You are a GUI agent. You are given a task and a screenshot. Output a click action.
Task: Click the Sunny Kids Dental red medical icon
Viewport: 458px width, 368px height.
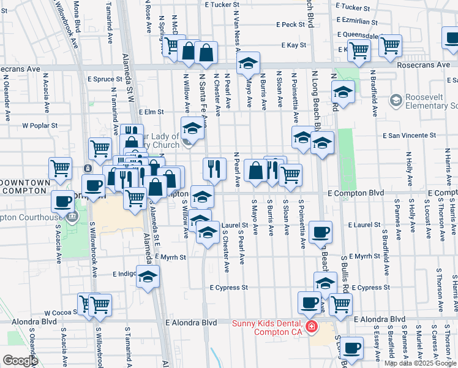(312, 327)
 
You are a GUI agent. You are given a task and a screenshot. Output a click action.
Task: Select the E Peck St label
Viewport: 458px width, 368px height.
(290, 25)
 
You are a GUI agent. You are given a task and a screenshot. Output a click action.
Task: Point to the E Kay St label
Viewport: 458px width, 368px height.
(294, 45)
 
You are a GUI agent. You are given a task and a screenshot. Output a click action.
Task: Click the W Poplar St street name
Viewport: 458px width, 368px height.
(40, 125)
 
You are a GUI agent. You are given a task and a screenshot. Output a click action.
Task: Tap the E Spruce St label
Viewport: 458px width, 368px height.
(105, 79)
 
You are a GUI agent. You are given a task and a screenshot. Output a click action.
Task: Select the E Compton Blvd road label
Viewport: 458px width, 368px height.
(355, 193)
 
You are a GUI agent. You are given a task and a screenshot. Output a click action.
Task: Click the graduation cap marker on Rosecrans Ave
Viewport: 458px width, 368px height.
(248, 63)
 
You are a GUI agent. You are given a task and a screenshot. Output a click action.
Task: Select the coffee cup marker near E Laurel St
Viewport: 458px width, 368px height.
(320, 232)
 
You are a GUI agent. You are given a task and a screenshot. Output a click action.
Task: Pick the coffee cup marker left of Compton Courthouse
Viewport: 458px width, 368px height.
(62, 200)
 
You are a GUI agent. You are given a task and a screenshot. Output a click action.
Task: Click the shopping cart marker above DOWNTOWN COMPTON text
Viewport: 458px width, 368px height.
(60, 167)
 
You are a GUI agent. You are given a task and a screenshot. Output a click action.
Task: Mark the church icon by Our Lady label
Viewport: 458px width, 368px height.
(187, 144)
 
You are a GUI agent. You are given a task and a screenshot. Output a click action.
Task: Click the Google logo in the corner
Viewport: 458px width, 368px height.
(20, 361)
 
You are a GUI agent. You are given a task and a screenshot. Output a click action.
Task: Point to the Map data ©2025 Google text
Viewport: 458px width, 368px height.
(419, 363)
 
